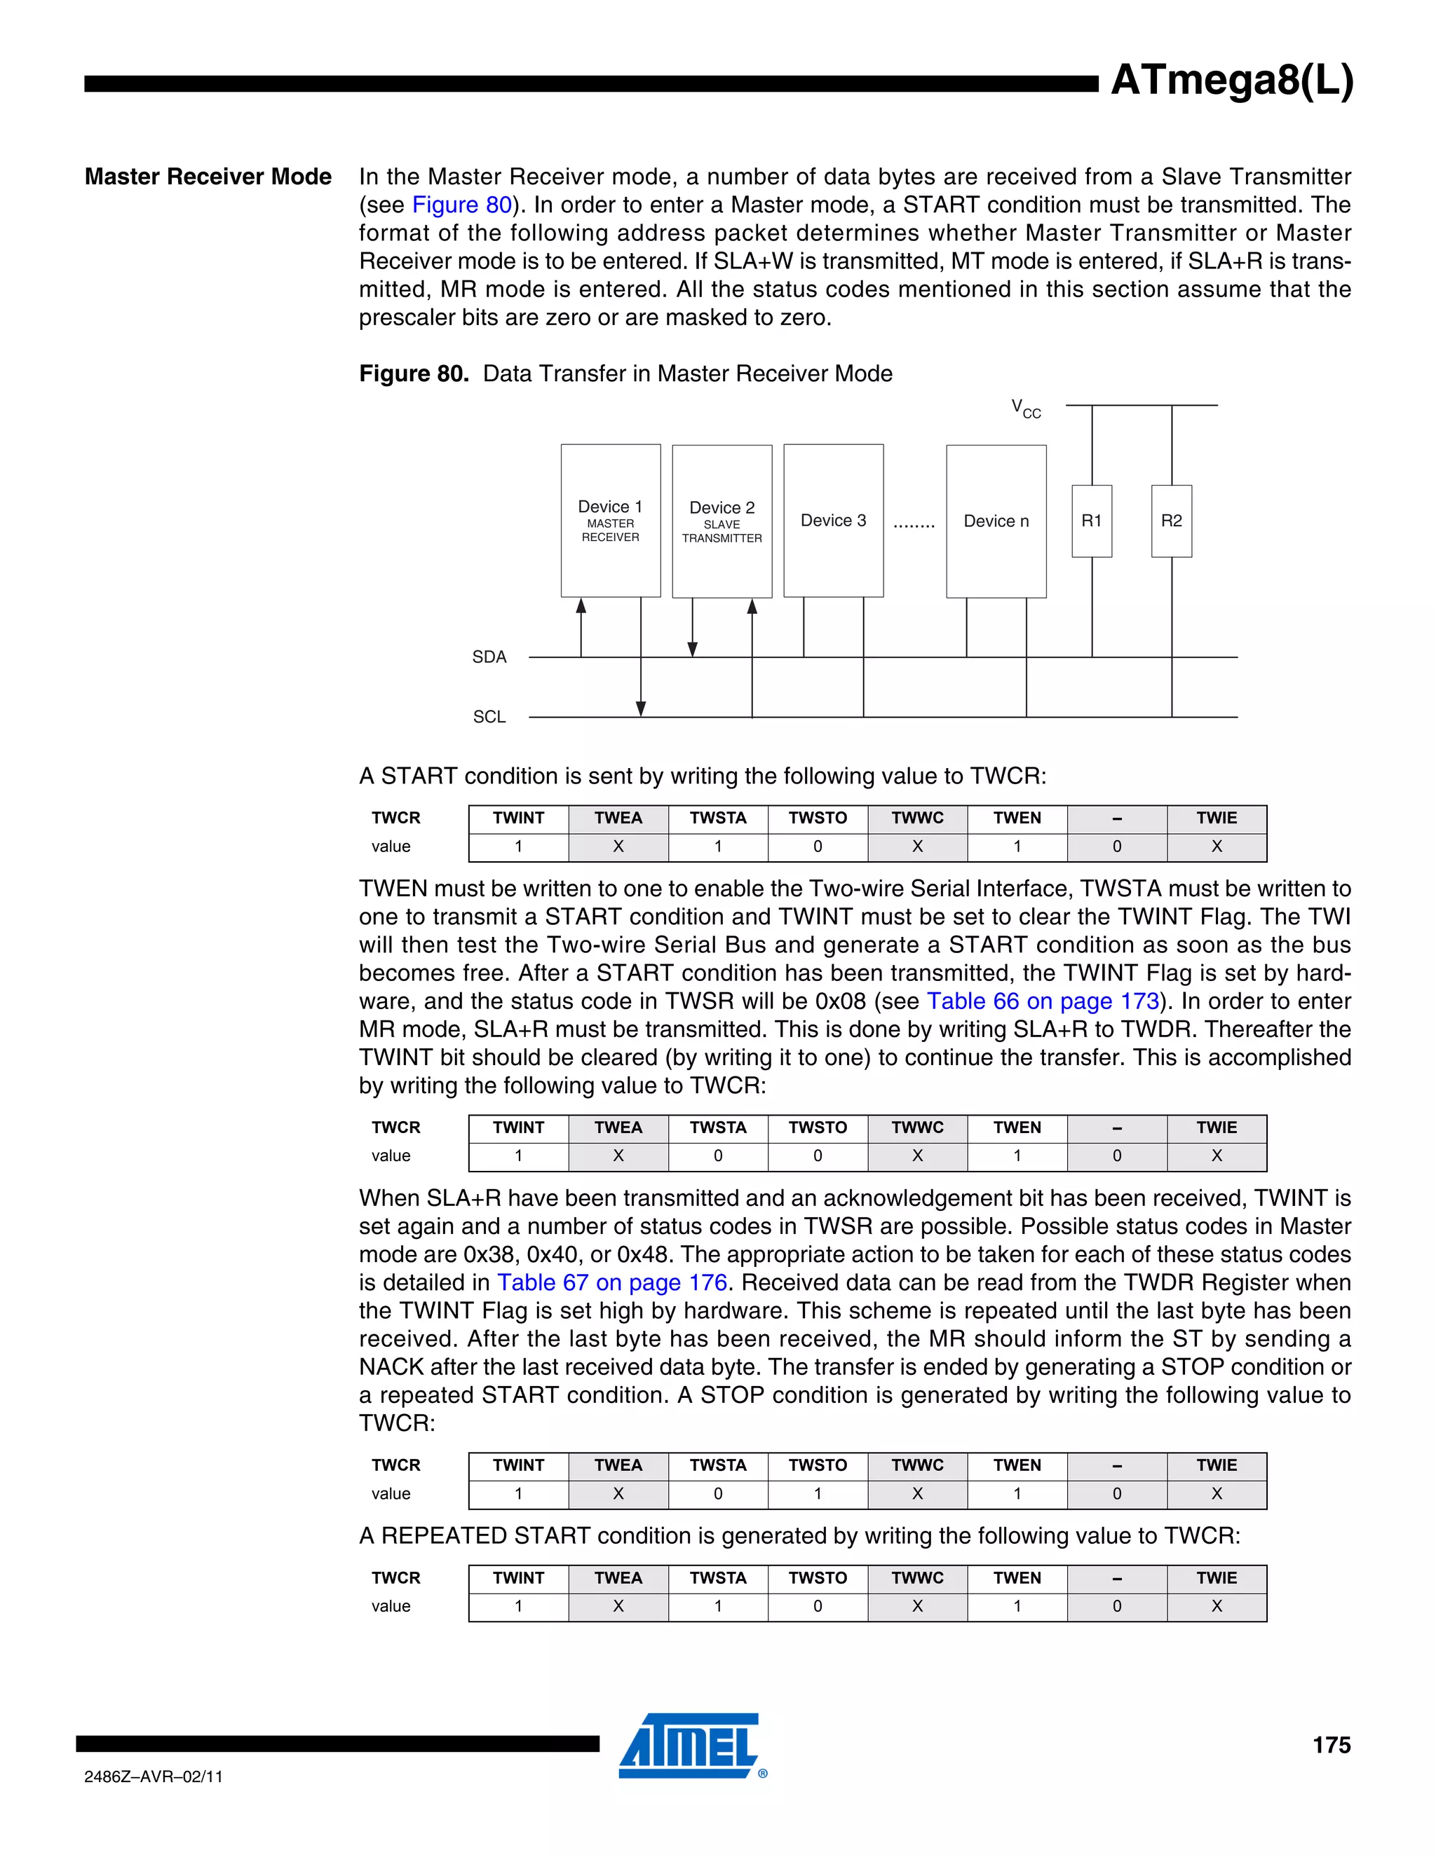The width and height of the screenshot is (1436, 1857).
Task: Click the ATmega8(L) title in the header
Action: click(x=1231, y=81)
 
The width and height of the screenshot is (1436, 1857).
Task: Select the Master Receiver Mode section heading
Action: click(x=208, y=177)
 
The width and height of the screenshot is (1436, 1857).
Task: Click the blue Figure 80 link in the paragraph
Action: click(x=462, y=205)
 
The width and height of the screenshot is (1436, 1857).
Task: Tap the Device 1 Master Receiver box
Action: click(x=610, y=521)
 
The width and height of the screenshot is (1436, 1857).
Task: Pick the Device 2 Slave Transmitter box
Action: click(x=722, y=521)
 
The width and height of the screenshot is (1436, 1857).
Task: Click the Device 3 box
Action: click(x=833, y=521)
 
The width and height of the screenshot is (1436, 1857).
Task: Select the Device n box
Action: click(x=996, y=521)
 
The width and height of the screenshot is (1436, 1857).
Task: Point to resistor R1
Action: click(x=1092, y=521)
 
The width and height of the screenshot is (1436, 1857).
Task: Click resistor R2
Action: click(x=1172, y=521)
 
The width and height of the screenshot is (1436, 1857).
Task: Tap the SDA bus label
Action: click(x=489, y=657)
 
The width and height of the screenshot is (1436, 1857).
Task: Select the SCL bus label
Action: click(x=489, y=717)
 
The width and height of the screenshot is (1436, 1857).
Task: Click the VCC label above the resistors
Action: click(x=1025, y=409)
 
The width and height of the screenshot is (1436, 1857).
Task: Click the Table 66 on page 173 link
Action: click(x=1043, y=1001)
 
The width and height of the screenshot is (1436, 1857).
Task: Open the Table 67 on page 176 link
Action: click(x=611, y=1283)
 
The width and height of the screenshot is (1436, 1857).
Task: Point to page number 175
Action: click(x=1331, y=1746)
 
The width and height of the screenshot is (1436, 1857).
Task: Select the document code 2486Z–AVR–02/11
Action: click(x=153, y=1776)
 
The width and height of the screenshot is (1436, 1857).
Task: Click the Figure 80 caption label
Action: click(x=414, y=374)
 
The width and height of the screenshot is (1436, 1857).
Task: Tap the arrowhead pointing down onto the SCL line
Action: click(x=641, y=709)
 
